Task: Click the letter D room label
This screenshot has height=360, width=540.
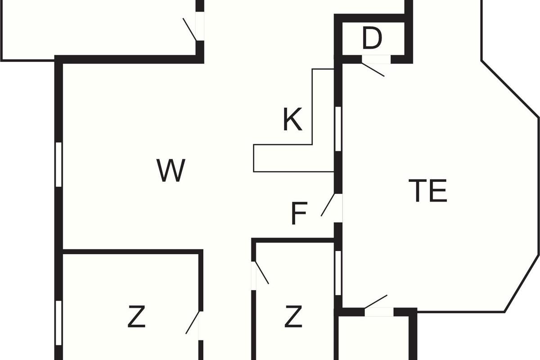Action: coord(372,39)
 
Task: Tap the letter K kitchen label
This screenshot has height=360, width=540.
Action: coord(292,120)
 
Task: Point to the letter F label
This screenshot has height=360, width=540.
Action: coord(299,214)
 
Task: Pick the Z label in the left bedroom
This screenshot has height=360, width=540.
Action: coord(136,318)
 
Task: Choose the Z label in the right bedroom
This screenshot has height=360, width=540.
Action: coord(293,317)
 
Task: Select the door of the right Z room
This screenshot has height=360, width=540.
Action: coord(261,273)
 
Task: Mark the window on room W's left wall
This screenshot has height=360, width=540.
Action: coord(58,164)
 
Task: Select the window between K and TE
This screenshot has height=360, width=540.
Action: coord(338,129)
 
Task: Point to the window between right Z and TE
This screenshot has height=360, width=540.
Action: coord(338,273)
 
